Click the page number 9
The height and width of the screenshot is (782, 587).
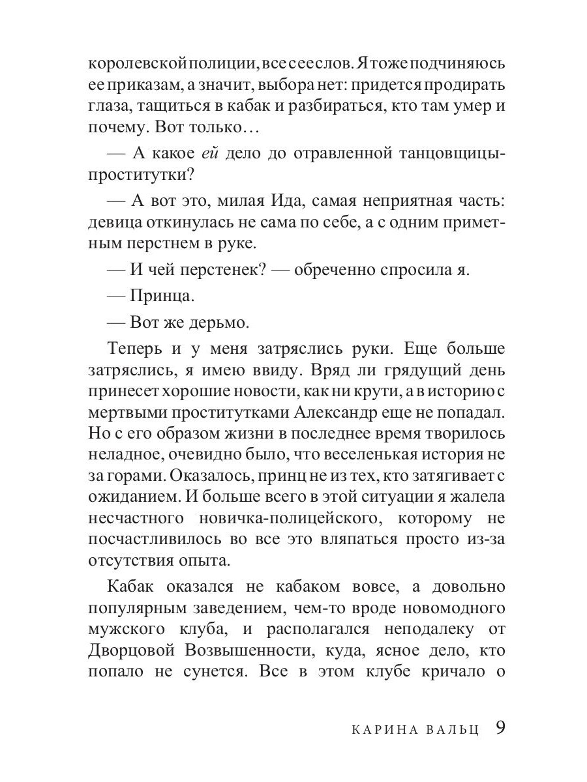pos(500,728)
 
